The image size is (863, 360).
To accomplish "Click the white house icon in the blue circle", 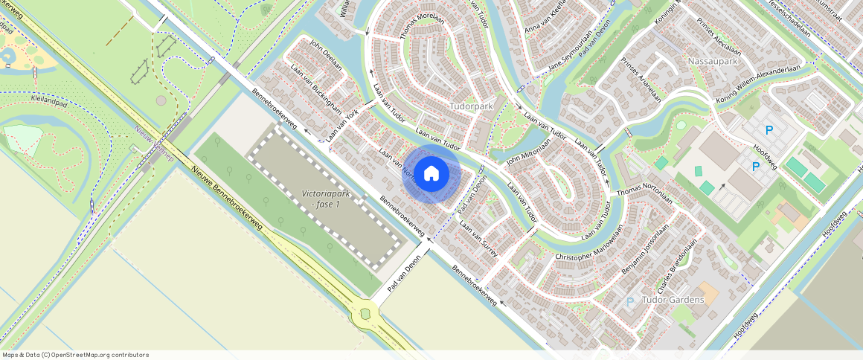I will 431,174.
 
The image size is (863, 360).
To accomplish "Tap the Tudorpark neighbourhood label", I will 472,107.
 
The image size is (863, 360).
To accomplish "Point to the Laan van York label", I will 342,122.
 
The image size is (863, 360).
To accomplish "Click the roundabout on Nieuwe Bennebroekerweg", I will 365,313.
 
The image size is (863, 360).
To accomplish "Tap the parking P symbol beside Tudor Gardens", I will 630,302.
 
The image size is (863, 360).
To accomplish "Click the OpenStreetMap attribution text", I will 74,355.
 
